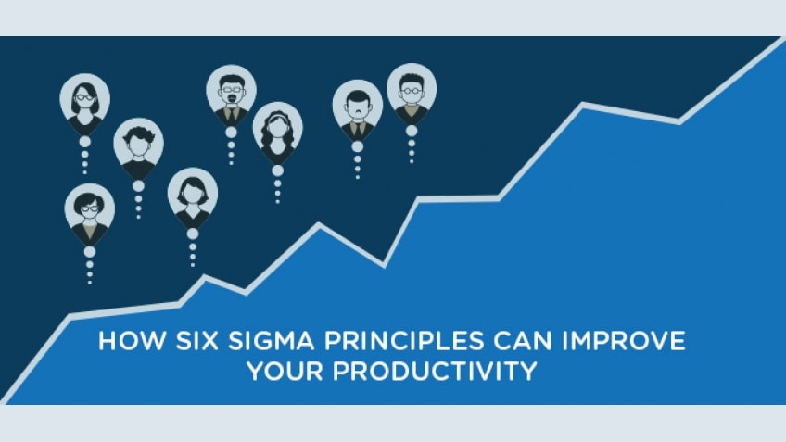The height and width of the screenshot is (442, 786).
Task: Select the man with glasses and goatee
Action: (231, 90)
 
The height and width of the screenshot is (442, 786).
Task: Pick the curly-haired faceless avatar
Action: (138, 144)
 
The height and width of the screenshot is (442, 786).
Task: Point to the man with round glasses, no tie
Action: (411, 89)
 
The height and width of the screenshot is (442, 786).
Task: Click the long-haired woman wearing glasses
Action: (84, 99)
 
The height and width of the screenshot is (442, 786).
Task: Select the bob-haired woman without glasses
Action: (192, 194)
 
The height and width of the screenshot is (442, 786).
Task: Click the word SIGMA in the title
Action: (241, 341)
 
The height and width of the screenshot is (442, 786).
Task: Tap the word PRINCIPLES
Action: (376, 341)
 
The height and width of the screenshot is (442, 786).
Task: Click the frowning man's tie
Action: (357, 128)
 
